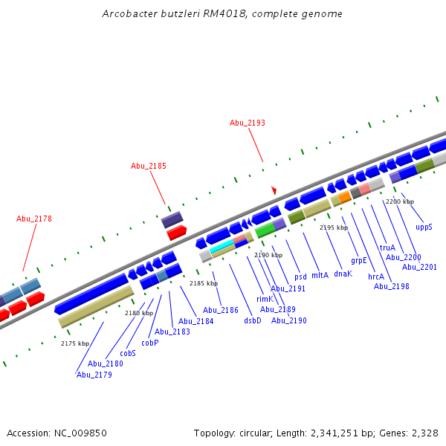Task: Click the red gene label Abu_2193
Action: [247, 123]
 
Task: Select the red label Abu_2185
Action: [148, 166]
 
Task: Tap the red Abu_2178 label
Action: [34, 219]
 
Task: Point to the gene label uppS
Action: [424, 227]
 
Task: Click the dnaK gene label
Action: [343, 274]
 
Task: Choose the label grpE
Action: [359, 260]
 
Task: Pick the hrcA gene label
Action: [376, 276]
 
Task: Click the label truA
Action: [387, 248]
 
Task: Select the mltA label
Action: [320, 275]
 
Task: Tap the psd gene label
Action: [300, 277]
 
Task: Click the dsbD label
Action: [253, 320]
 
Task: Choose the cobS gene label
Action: [128, 353]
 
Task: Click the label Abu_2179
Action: [94, 375]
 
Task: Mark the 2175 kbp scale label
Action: [74, 343]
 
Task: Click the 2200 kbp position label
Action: [400, 201]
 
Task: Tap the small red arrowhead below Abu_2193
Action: [274, 191]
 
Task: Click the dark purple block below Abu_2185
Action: [172, 219]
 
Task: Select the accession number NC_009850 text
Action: [86, 433]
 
